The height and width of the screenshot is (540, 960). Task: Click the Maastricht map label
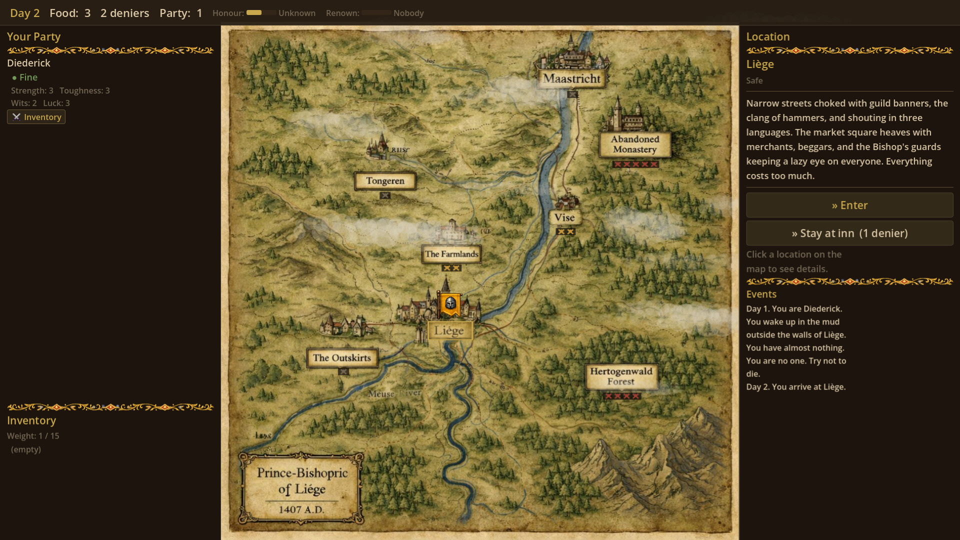click(x=571, y=78)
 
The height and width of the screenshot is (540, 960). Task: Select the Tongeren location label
click(x=385, y=181)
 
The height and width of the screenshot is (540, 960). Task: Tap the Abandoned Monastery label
click(x=635, y=144)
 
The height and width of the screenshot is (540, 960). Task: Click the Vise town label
click(x=564, y=217)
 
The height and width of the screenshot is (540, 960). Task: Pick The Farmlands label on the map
click(x=451, y=254)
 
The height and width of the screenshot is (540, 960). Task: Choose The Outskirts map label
click(x=342, y=358)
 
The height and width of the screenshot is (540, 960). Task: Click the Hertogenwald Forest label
click(x=621, y=376)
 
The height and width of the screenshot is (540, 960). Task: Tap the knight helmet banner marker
click(x=450, y=303)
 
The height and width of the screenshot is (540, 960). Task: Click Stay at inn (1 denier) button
click(x=849, y=233)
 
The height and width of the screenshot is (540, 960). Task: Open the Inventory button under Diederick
click(x=36, y=117)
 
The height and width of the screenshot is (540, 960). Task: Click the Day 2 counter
click(x=24, y=13)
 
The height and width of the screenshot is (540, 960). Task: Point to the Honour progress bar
click(x=260, y=13)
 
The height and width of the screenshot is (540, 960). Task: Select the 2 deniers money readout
click(x=124, y=13)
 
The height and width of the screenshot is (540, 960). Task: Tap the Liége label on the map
click(x=449, y=330)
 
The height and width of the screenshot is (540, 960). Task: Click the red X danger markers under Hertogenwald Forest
click(x=621, y=396)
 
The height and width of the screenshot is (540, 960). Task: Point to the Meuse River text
click(x=394, y=393)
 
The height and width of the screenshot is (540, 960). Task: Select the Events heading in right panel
click(x=761, y=294)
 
